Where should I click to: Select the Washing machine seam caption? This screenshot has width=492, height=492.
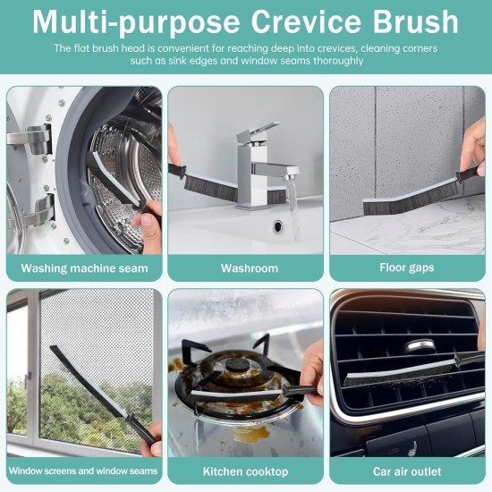point(84,267)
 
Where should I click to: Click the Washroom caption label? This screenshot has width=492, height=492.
point(250,267)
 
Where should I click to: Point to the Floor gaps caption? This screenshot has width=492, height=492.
point(407,267)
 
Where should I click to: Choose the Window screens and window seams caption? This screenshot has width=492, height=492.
point(84,471)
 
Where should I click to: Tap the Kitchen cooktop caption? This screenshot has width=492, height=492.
point(246,471)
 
